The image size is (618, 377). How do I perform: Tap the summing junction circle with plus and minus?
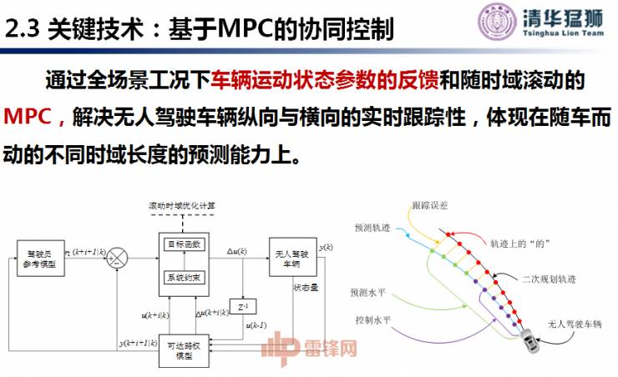tap(120, 256)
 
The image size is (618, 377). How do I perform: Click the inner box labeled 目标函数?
tap(182, 244)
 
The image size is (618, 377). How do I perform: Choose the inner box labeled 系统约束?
tap(182, 277)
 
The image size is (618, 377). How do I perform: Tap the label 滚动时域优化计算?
tap(181, 206)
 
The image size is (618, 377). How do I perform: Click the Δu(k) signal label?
tap(237, 249)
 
